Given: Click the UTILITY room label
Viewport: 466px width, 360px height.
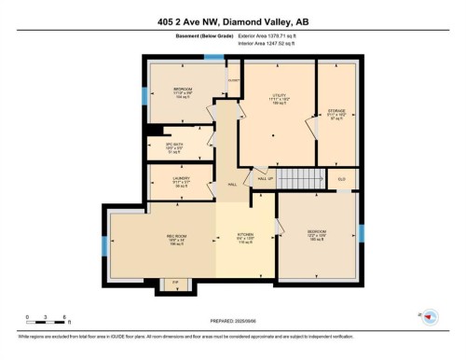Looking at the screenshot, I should (x=279, y=95).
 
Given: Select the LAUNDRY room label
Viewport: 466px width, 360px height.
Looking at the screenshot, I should (x=181, y=180).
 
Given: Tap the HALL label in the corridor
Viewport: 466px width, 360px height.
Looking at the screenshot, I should (x=231, y=184).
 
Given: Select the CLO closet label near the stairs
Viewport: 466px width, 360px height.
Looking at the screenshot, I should (x=341, y=177).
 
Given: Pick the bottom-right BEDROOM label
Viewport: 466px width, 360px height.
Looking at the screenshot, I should (x=318, y=235).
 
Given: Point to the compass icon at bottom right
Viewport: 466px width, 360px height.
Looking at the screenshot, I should (x=428, y=318).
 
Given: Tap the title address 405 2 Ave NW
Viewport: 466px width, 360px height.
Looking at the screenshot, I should (x=232, y=17).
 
